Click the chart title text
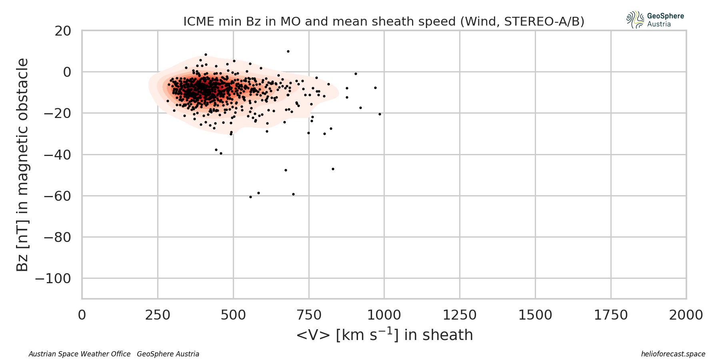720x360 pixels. point(384,21)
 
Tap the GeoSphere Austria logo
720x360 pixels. point(655,20)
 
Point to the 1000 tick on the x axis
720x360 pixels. point(384,315)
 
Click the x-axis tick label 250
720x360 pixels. point(158,315)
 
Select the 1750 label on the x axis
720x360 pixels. point(611,315)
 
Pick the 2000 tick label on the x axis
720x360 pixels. point(686,315)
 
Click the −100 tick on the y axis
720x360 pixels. point(53,278)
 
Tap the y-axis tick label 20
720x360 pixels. point(63,31)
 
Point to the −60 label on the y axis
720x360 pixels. point(58,196)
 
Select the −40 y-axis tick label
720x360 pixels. point(58,155)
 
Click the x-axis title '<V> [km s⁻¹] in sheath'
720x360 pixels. point(384,335)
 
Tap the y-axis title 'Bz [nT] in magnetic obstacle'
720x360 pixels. point(22,165)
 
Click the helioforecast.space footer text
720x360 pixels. point(673,354)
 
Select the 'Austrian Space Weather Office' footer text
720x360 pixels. point(80,354)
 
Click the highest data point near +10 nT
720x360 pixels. point(288,51)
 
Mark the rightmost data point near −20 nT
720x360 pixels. point(380,114)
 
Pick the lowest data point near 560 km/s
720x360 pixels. point(250,197)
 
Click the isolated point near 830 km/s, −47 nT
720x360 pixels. point(333,169)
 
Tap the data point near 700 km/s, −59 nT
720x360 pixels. point(293,194)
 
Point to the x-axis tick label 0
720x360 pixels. point(82,315)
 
